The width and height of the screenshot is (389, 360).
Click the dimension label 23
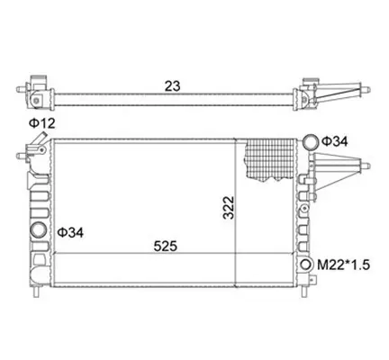click(173, 86)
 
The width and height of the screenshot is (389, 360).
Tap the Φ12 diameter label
click(42, 123)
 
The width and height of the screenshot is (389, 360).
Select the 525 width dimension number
click(166, 247)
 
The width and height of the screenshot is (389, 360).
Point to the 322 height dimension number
click(229, 208)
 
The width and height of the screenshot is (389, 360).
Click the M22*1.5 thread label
click(344, 265)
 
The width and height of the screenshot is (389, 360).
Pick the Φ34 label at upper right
click(335, 141)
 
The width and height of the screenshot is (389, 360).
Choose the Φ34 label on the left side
click(70, 232)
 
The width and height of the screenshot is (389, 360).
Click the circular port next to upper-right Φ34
click(310, 142)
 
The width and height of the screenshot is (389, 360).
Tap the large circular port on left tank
click(39, 229)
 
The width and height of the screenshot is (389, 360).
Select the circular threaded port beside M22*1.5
click(306, 265)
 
